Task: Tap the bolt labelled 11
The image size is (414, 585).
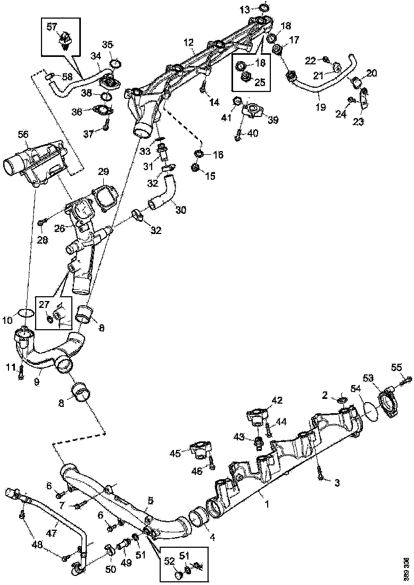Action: (21, 371)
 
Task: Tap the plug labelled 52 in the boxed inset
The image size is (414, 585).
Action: (179, 575)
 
